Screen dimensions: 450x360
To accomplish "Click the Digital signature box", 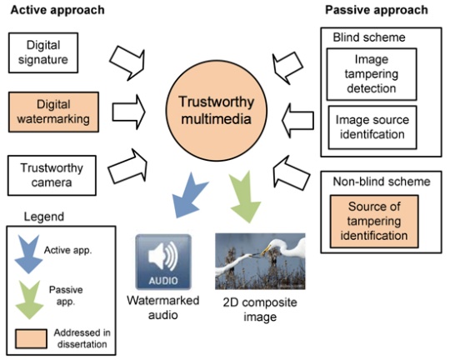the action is click(43, 52).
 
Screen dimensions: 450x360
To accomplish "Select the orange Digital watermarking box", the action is click(53, 112).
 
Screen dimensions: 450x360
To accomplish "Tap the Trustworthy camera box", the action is click(52, 175).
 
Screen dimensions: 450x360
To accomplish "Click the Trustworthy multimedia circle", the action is click(217, 111).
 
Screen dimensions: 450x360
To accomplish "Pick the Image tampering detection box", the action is click(372, 74).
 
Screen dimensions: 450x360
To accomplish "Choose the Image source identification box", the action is click(372, 127).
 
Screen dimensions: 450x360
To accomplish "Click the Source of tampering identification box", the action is click(374, 222).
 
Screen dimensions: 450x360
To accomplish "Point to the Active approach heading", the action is click(57, 10).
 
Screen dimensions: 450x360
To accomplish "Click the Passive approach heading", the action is click(377, 10).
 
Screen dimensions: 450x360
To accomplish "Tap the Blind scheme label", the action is click(369, 37).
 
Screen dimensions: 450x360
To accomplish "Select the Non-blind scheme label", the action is click(382, 182).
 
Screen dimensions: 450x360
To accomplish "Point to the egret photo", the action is click(260, 261).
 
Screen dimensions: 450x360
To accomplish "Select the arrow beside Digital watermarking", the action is click(128, 112).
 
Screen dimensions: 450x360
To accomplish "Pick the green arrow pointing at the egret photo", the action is click(244, 198).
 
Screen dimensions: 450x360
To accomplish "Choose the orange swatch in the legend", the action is click(31, 339).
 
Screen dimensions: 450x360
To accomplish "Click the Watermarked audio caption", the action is click(163, 307).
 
